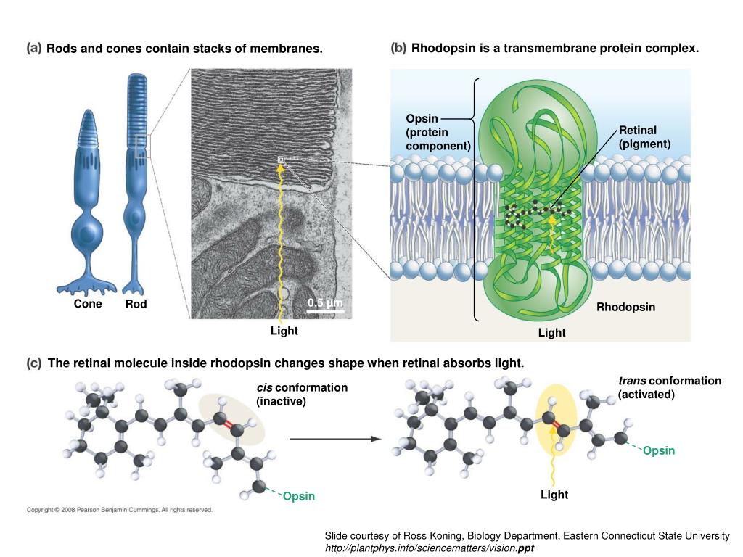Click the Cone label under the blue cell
pyautogui.click(x=88, y=305)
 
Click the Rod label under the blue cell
pyautogui.click(x=136, y=305)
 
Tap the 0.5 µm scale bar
pyautogui.click(x=324, y=310)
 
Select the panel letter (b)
pyautogui.click(x=398, y=49)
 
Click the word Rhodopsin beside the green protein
pyautogui.click(x=625, y=308)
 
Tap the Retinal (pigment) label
pyautogui.click(x=639, y=137)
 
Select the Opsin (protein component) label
pyautogui.click(x=438, y=133)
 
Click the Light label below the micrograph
pyautogui.click(x=284, y=331)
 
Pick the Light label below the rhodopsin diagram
pyautogui.click(x=551, y=333)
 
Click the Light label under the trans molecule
pyautogui.click(x=554, y=495)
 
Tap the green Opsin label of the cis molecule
pyautogui.click(x=299, y=496)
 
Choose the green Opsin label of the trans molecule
pyautogui.click(x=659, y=451)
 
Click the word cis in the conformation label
pyautogui.click(x=264, y=387)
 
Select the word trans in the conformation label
pyautogui.click(x=633, y=381)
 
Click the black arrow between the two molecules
pyautogui.click(x=334, y=439)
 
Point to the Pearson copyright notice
pyautogui.click(x=120, y=510)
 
